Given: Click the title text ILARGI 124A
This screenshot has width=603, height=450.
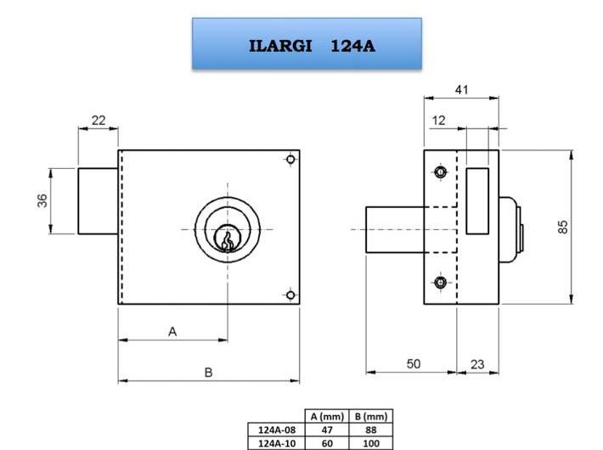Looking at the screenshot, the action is (x=312, y=46).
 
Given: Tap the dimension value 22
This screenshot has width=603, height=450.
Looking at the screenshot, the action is (x=99, y=121).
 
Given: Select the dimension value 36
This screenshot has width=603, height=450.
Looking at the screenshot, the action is (x=42, y=200).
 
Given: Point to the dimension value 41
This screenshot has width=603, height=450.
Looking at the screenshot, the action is (x=461, y=90).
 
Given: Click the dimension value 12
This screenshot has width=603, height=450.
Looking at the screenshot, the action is (x=438, y=121).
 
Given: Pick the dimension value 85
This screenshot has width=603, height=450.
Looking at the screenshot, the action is (x=562, y=227).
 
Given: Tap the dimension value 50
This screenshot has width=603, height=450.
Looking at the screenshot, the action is (x=414, y=363).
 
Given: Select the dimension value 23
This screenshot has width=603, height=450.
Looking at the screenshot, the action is (x=477, y=364).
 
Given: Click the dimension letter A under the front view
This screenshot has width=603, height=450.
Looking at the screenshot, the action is (x=172, y=331).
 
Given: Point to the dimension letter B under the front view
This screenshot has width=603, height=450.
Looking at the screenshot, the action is (x=208, y=372).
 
